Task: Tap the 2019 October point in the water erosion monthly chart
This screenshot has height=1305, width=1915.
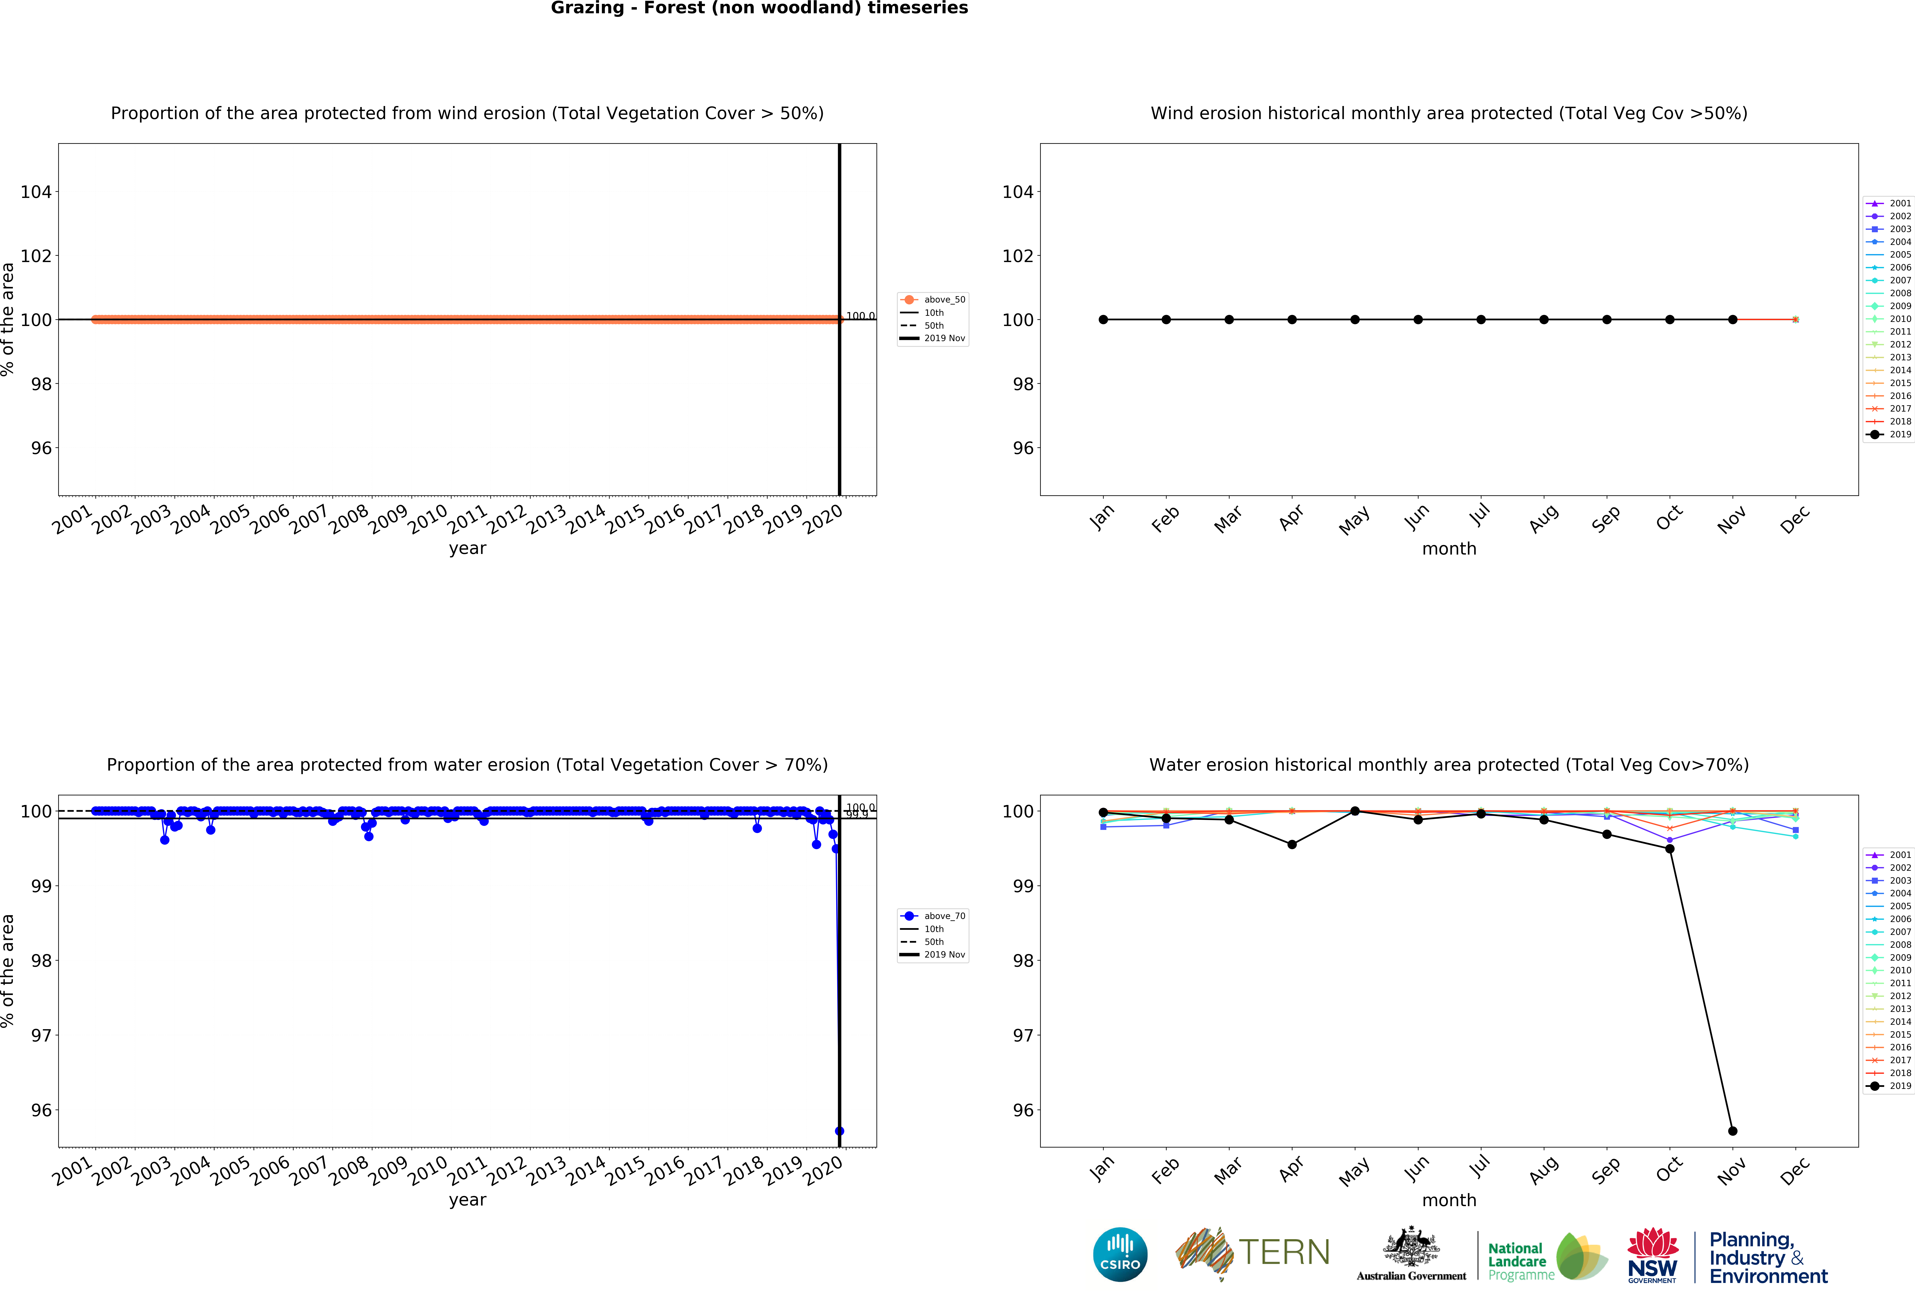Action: click(1669, 848)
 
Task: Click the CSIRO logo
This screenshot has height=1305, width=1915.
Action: click(1120, 1255)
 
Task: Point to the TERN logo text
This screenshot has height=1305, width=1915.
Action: click(1284, 1252)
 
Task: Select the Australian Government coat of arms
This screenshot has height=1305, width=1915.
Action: click(1412, 1247)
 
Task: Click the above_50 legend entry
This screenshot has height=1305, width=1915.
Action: click(933, 300)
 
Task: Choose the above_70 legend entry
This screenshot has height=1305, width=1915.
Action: click(933, 916)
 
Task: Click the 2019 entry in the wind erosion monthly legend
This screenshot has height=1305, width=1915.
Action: click(1889, 434)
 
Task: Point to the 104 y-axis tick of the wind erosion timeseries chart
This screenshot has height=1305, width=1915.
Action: click(36, 192)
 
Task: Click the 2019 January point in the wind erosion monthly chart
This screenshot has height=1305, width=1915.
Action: click(1103, 320)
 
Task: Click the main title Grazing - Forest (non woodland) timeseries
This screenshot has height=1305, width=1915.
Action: click(759, 8)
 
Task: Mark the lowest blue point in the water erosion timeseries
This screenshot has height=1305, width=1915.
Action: click(839, 1131)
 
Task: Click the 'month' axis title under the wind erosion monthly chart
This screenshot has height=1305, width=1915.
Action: click(1449, 549)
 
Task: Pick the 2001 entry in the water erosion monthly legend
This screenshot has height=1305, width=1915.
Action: click(1889, 855)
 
